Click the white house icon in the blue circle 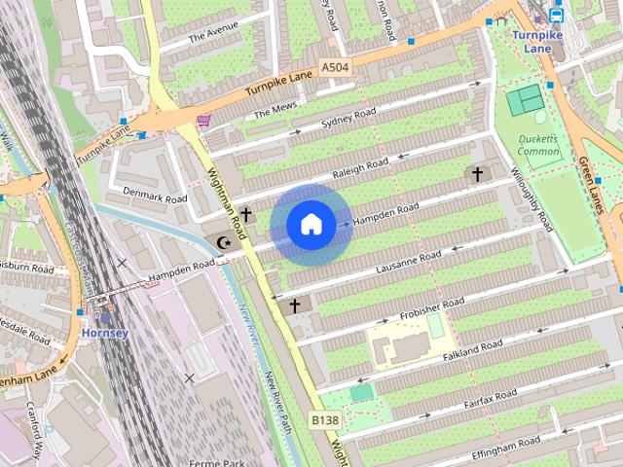pos(311,225)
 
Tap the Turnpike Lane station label pos(538,40)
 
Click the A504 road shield pos(333,67)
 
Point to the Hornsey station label pos(105,333)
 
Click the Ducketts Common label pos(538,145)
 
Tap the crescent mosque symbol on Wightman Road pos(225,241)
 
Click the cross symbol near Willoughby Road pos(477,175)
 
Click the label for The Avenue pos(212,34)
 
